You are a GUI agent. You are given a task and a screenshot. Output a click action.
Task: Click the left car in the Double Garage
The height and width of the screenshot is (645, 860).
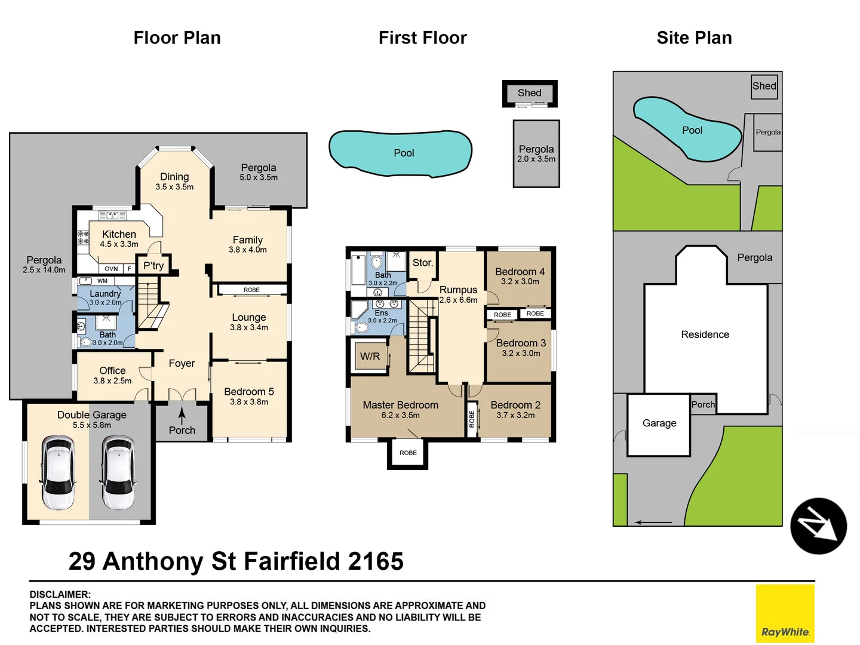point(58,472)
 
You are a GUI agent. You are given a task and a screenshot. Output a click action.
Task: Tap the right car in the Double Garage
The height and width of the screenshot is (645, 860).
point(118,472)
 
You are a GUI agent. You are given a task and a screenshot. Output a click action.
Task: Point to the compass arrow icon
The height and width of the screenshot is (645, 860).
point(818,526)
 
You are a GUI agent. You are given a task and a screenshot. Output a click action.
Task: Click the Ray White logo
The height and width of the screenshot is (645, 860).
point(785,613)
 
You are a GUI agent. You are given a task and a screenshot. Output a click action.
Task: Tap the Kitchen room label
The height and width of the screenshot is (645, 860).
point(119,235)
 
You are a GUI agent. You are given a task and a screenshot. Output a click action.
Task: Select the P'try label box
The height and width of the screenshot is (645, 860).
point(153,266)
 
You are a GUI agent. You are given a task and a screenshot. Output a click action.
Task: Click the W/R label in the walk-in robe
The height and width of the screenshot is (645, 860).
point(370,357)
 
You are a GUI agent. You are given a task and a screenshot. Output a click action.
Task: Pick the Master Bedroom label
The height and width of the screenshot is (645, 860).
point(400,405)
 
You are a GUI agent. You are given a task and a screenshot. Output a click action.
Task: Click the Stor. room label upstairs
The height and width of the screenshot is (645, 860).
point(423,263)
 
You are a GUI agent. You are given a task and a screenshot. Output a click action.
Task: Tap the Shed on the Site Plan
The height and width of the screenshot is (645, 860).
point(764,86)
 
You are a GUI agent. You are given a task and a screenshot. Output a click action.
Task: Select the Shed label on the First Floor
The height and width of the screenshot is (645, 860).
point(530,93)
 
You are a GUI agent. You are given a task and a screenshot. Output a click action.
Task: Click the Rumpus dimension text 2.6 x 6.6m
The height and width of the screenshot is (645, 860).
point(458,300)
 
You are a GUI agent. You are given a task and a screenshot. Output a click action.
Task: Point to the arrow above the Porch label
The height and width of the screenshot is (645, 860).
point(182,416)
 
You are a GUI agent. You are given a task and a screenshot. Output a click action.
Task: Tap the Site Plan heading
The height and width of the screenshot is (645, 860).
point(694,38)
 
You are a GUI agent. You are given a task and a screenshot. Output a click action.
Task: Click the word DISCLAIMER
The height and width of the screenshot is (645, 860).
point(60,594)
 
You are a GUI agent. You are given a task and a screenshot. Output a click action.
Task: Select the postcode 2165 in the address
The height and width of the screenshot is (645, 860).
point(376,561)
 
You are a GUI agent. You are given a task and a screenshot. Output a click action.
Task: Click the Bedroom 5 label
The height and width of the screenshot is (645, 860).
point(248,392)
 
